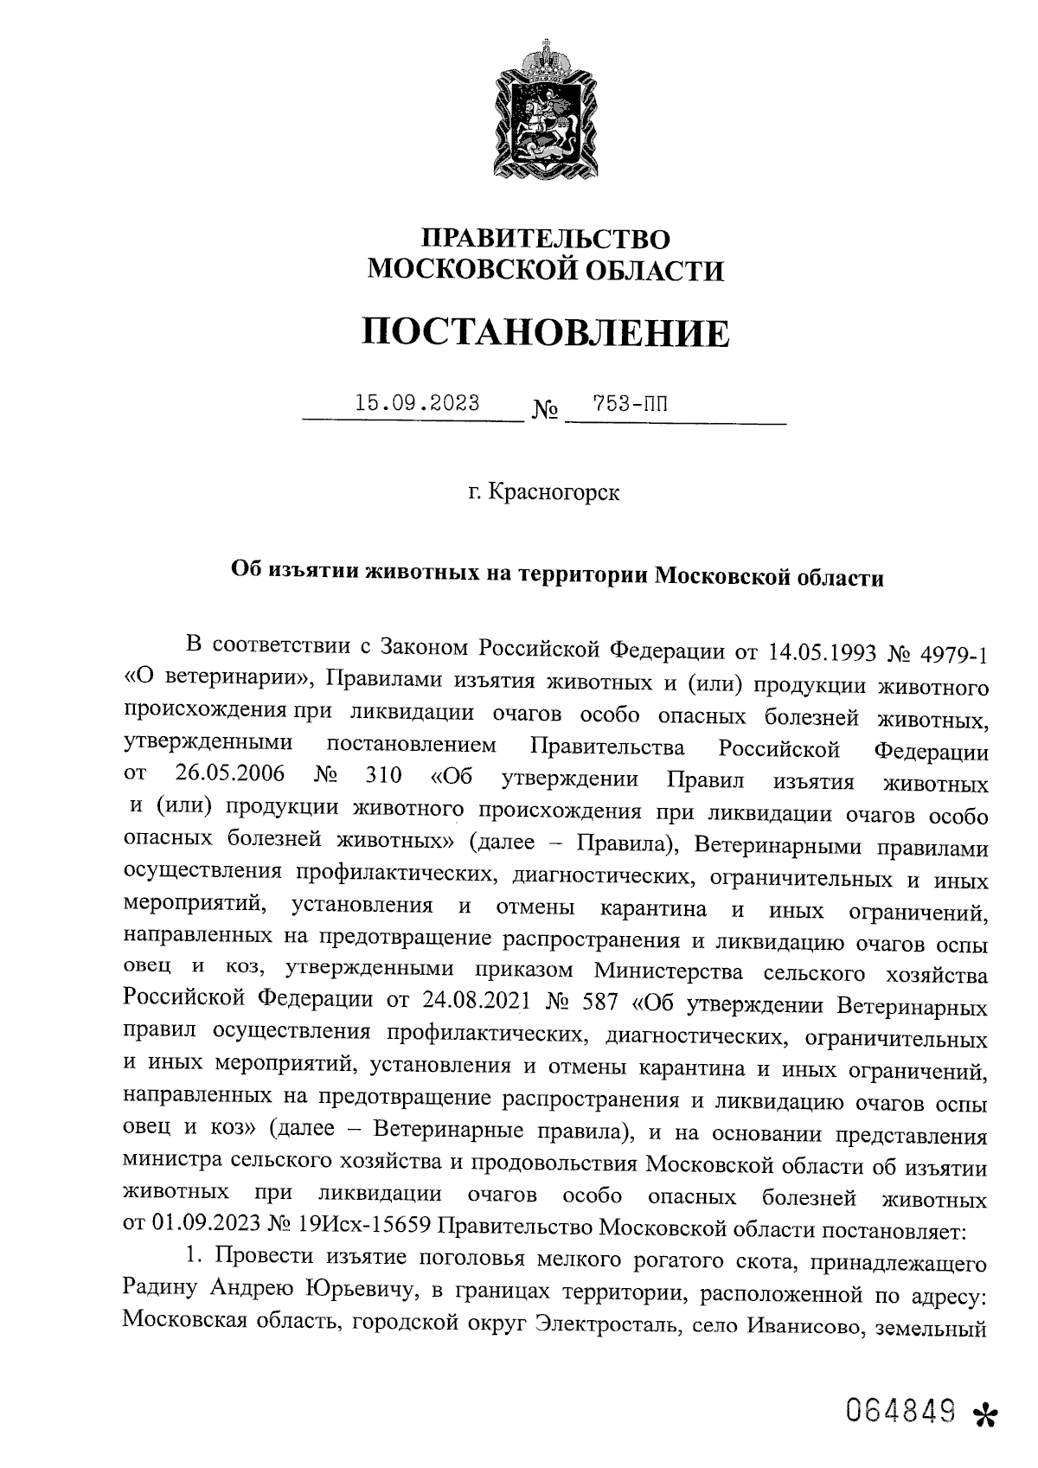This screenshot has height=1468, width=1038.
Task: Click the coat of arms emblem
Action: click(546, 109)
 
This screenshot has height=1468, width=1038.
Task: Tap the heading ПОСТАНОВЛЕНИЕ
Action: click(546, 332)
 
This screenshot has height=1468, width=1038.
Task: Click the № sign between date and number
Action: click(544, 409)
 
